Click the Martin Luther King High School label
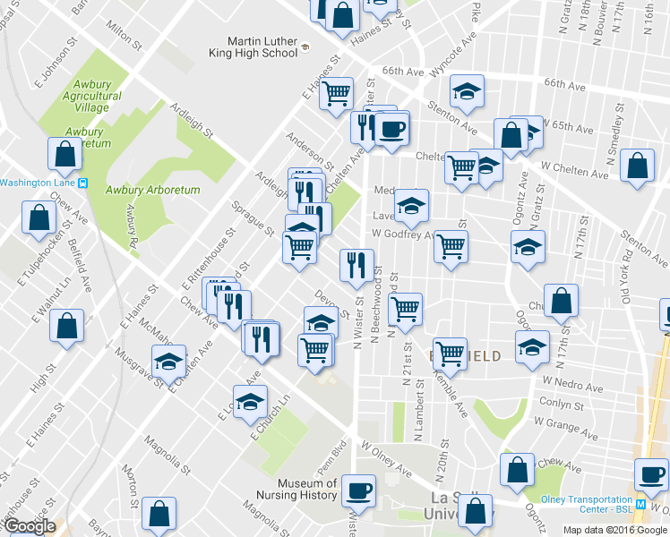click(262, 47)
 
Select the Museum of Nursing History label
click(306, 489)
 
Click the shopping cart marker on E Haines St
click(336, 92)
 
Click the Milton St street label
click(125, 37)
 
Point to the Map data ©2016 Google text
click(614, 530)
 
